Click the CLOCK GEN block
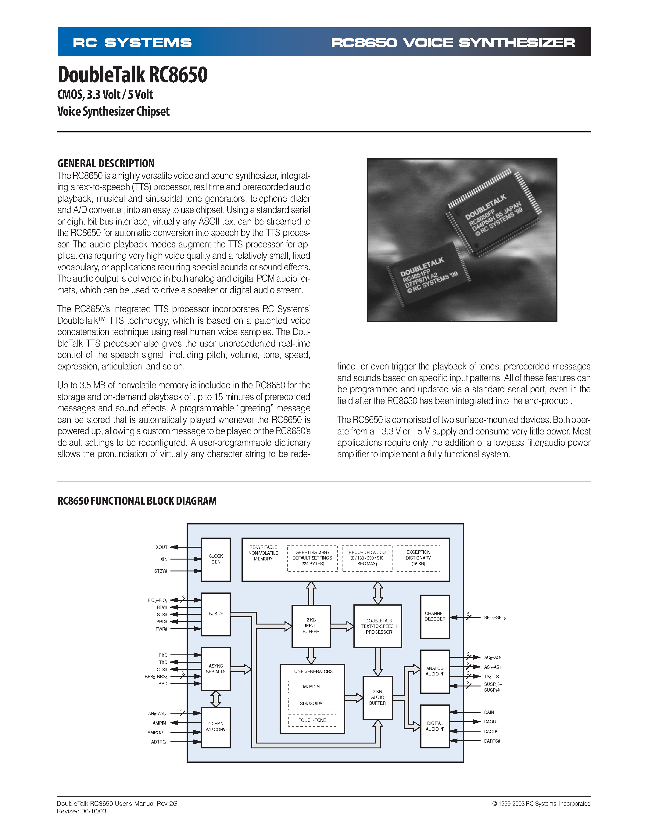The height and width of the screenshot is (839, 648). point(216,559)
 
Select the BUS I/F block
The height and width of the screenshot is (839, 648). point(216,614)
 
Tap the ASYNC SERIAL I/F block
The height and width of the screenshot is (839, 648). point(216,669)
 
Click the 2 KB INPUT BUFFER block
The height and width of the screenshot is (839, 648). point(311,626)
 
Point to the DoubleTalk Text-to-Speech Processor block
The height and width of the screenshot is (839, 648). point(378,626)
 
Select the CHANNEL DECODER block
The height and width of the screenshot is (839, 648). point(435,616)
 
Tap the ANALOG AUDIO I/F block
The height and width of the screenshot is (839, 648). point(435,671)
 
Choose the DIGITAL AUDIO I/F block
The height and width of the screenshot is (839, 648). point(435,726)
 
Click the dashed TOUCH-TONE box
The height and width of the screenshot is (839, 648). point(312,720)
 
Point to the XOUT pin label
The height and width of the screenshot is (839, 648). point(162,547)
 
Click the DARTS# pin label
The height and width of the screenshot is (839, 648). point(492,741)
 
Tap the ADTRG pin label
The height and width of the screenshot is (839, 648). point(159,742)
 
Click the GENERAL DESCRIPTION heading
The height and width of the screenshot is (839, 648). point(106,164)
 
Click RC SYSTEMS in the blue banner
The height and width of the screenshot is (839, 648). point(132,42)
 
